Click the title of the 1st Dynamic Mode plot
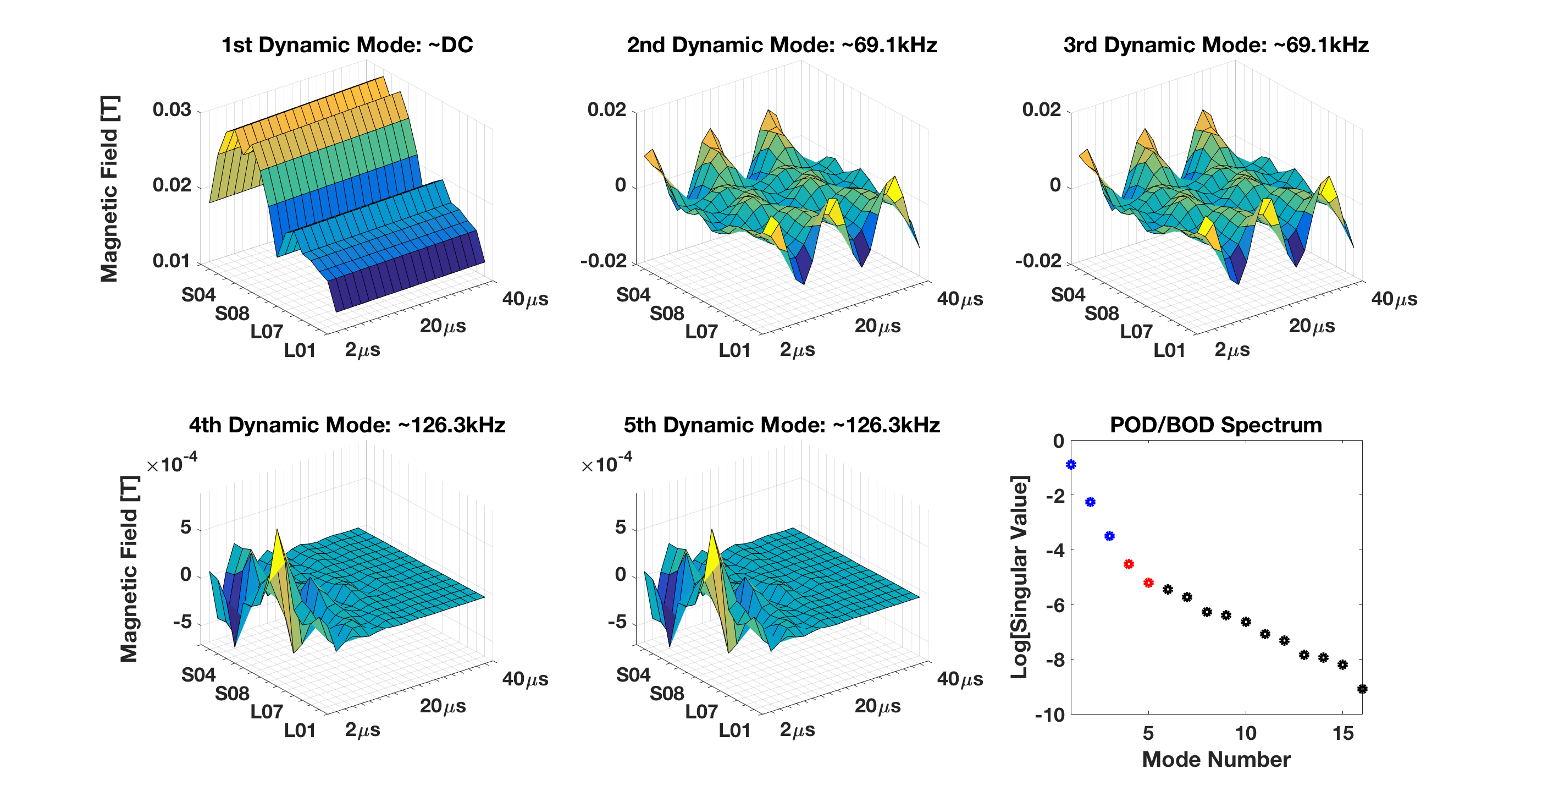tap(347, 45)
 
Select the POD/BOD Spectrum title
tap(1215, 425)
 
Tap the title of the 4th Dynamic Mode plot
tap(347, 425)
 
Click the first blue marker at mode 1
tap(1071, 465)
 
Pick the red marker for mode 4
tap(1129, 564)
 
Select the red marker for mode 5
tap(1148, 583)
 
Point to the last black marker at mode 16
tap(1362, 689)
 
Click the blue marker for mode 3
tap(1109, 536)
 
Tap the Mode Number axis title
tap(1215, 759)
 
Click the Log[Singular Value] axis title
tap(1020, 577)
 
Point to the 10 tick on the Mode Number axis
tap(1246, 733)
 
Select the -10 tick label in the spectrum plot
tap(1049, 715)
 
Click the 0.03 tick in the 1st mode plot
tap(172, 110)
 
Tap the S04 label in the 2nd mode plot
tap(633, 295)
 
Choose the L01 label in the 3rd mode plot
tap(1169, 350)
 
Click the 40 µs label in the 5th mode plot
tap(960, 679)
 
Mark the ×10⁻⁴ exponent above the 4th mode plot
tap(173, 464)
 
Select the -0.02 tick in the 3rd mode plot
tap(1038, 261)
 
